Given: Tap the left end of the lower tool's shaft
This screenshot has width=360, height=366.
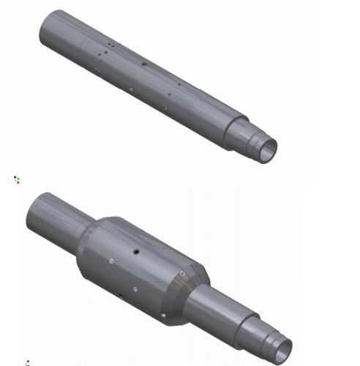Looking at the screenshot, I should point(37,211).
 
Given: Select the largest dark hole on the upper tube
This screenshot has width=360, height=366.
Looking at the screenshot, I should point(144,65).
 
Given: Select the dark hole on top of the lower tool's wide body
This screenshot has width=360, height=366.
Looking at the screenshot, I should point(137,252).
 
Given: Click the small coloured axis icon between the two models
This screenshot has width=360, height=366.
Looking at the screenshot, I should point(17,178).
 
